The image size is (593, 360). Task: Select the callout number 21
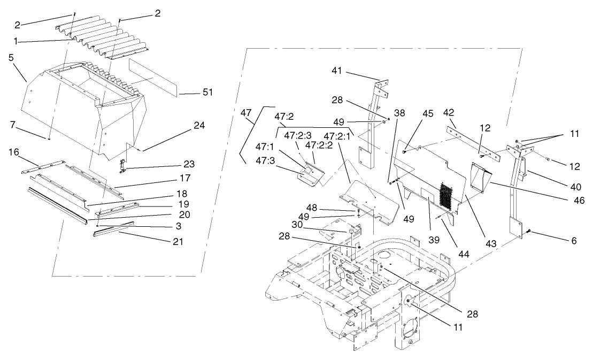tap(178, 241)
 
